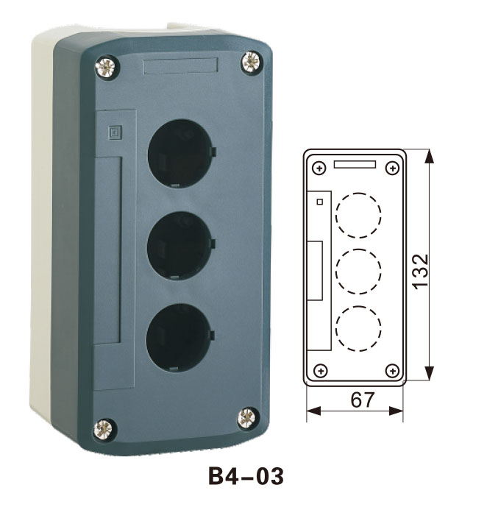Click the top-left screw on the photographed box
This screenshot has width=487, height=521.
click(106, 67)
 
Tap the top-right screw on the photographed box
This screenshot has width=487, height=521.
click(252, 62)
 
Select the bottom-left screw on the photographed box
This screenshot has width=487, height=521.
click(104, 428)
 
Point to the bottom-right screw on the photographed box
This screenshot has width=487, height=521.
click(247, 418)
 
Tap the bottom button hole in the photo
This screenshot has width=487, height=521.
click(179, 337)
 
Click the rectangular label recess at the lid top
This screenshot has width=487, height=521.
click(181, 65)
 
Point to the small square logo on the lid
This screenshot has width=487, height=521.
click(115, 132)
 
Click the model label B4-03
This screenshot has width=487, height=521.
click(246, 476)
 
